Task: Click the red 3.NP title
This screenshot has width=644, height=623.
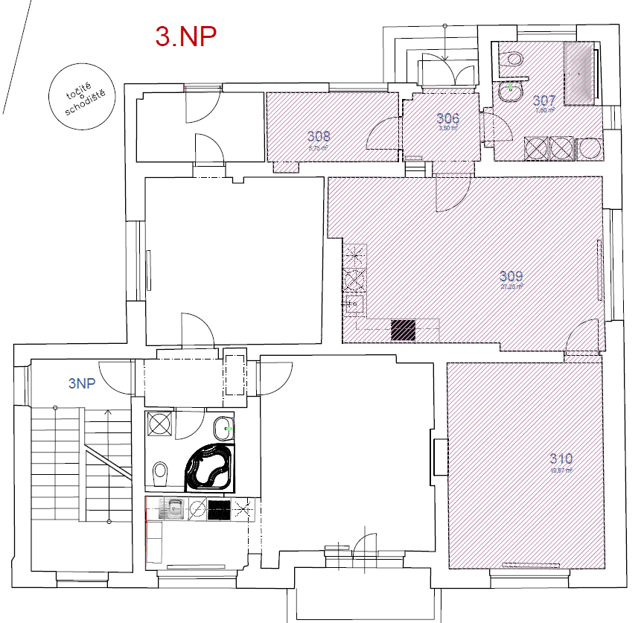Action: coord(185,35)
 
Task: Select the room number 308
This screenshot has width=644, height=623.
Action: coord(319,136)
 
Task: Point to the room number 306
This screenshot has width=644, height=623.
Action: coord(447,118)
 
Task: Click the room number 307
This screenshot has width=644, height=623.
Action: coord(544,100)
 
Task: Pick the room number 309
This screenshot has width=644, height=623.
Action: coord(511,275)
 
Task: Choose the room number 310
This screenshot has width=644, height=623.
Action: coord(561,459)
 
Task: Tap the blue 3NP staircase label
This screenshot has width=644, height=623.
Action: coord(82,384)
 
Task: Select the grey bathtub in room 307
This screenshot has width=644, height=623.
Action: coord(579,73)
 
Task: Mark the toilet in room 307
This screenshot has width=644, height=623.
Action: coord(513,60)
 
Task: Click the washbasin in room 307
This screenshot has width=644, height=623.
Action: coord(511,92)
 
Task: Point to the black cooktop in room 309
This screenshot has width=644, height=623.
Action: coord(403,330)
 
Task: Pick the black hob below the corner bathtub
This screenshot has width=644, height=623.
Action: coord(219,510)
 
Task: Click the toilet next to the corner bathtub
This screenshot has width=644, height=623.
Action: coord(159,472)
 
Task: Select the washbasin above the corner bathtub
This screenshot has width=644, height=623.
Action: coord(223,429)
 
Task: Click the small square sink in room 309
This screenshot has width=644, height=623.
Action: coord(353,303)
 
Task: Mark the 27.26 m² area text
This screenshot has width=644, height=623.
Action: coord(511,286)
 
